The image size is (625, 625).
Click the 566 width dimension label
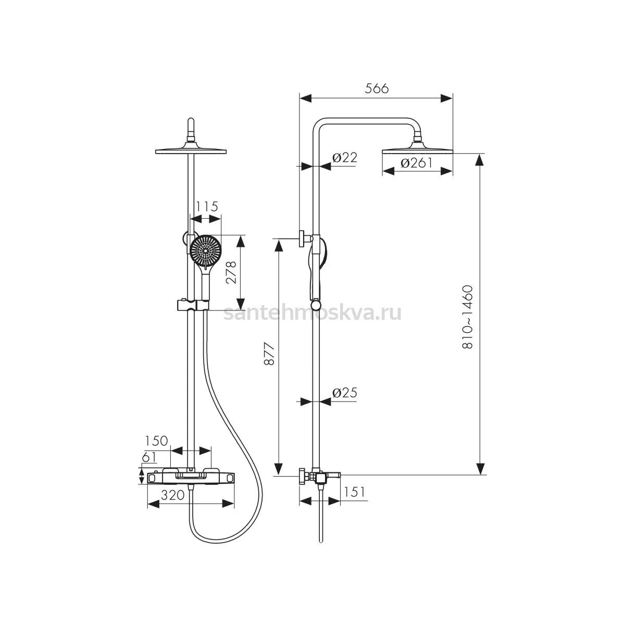(x=376, y=88)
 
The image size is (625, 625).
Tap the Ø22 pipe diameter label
(x=344, y=158)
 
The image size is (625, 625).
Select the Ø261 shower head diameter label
(x=417, y=163)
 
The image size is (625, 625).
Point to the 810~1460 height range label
(x=467, y=317)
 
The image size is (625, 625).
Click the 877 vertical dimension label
(x=269, y=354)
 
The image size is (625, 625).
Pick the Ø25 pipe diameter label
(x=344, y=393)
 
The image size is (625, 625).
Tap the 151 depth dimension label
(x=354, y=492)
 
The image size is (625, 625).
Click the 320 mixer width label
(x=173, y=495)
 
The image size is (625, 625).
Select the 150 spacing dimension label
(x=156, y=441)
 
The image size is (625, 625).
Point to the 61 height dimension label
(x=149, y=457)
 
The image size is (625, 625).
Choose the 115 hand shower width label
(x=207, y=206)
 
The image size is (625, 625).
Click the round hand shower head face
(x=206, y=251)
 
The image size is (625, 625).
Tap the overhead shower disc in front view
(x=191, y=151)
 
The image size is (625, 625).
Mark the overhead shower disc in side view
(x=417, y=151)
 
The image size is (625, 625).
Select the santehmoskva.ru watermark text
(x=312, y=313)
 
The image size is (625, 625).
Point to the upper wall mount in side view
(x=306, y=239)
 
